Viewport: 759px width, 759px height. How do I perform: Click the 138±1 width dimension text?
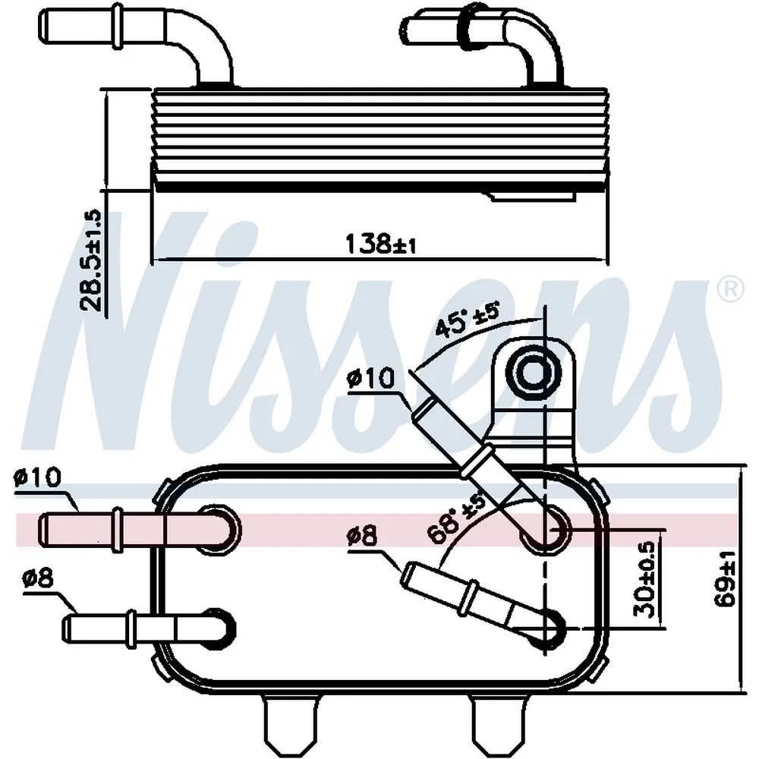[x=380, y=244]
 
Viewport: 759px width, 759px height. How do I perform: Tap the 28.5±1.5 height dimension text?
[x=91, y=260]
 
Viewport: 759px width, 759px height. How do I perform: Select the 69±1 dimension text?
[x=725, y=578]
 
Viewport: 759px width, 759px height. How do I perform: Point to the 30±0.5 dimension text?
[x=644, y=579]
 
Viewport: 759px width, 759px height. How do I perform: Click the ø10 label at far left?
[x=37, y=477]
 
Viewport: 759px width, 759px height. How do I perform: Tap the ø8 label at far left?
[x=38, y=578]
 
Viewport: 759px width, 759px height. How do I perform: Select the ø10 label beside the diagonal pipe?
[x=371, y=378]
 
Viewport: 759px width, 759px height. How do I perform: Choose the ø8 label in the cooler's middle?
[x=362, y=537]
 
